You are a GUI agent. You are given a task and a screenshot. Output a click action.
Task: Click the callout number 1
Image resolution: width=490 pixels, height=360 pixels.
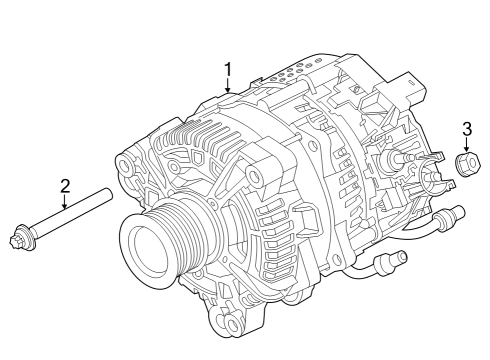pyautogui.click(x=228, y=70)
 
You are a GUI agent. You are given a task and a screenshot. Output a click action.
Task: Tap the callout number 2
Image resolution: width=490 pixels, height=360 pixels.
pyautogui.click(x=65, y=186)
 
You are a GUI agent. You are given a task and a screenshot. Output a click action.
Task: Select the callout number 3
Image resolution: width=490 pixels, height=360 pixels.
pyautogui.click(x=467, y=129)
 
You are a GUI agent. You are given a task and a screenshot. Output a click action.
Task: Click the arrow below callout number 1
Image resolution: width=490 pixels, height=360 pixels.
pyautogui.click(x=228, y=85)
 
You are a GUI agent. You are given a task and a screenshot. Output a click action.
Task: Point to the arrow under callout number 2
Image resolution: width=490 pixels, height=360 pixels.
pyautogui.click(x=65, y=202)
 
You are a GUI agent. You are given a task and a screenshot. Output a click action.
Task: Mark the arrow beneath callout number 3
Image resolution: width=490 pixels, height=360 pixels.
pyautogui.click(x=467, y=144)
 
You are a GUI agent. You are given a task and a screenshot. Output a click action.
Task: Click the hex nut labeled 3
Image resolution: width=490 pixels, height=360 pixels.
pyautogui.click(x=467, y=164)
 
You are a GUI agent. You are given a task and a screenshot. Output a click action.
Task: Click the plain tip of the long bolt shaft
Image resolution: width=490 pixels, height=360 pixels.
pyautogui.click(x=107, y=194)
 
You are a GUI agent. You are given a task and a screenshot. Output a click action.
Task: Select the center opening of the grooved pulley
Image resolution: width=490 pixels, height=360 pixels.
pyautogui.click(x=150, y=247)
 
